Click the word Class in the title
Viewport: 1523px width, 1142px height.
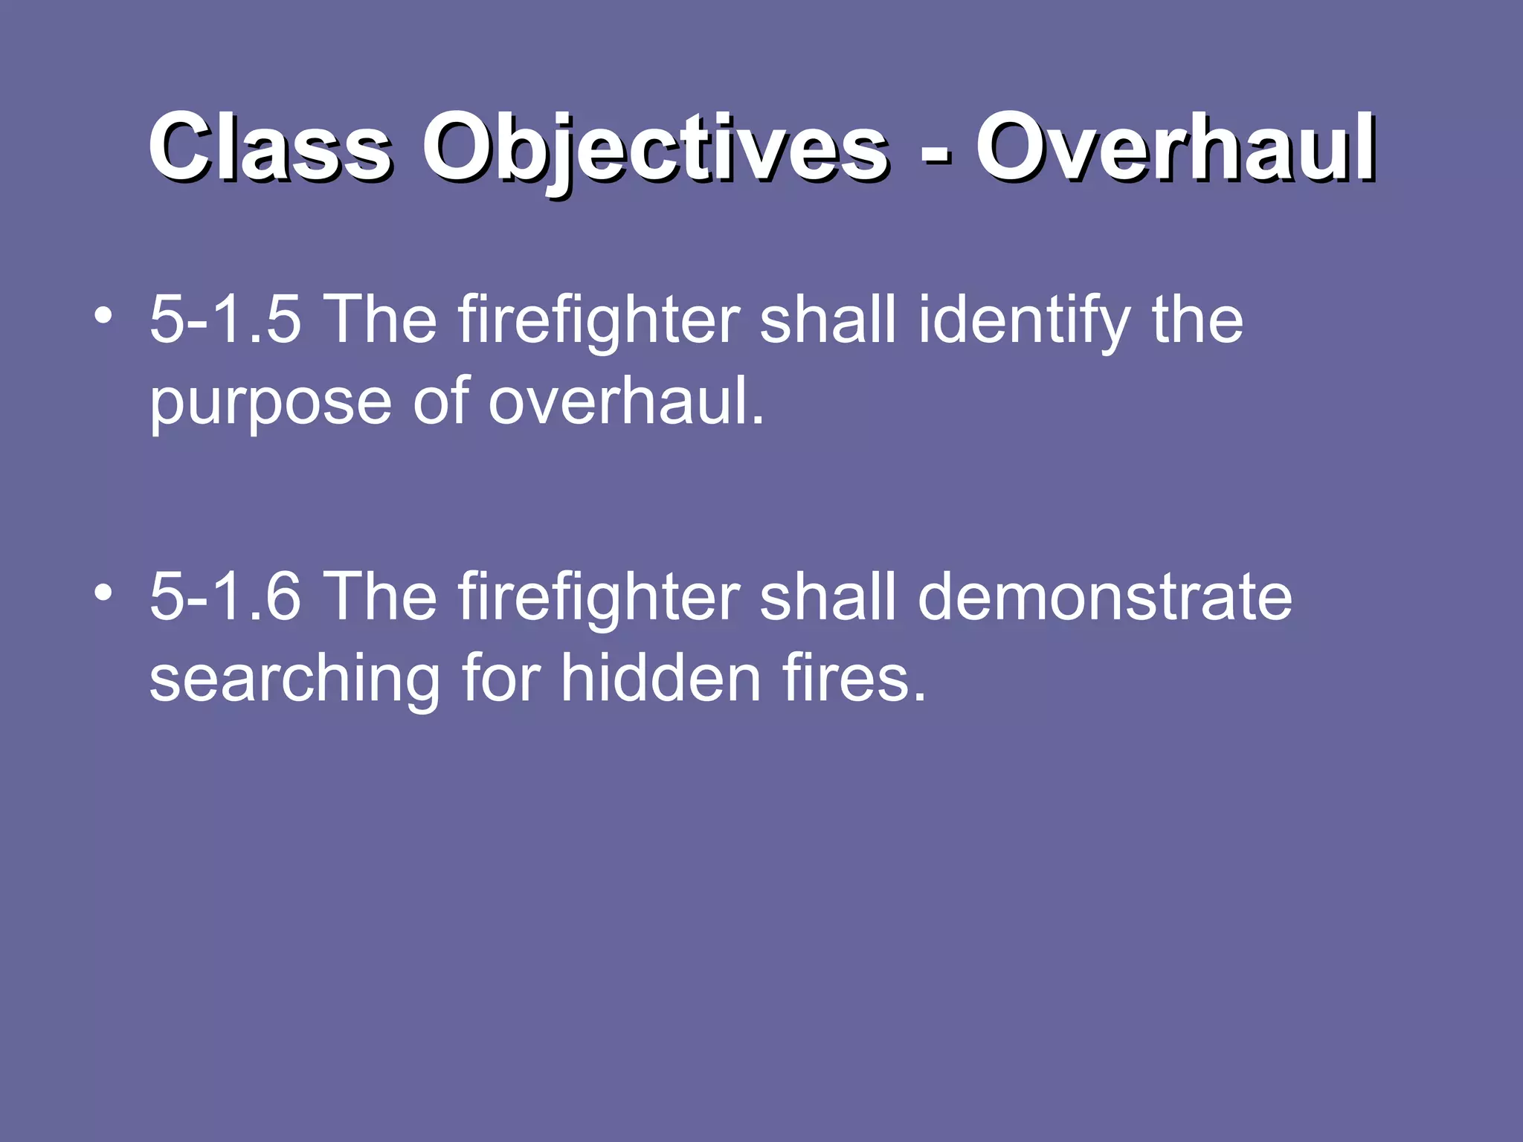tap(269, 146)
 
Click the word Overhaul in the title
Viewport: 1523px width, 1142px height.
tap(1176, 146)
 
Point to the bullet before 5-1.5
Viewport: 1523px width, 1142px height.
tap(103, 316)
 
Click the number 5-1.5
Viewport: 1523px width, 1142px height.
tap(225, 320)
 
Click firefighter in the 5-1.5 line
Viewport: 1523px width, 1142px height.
tap(599, 320)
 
